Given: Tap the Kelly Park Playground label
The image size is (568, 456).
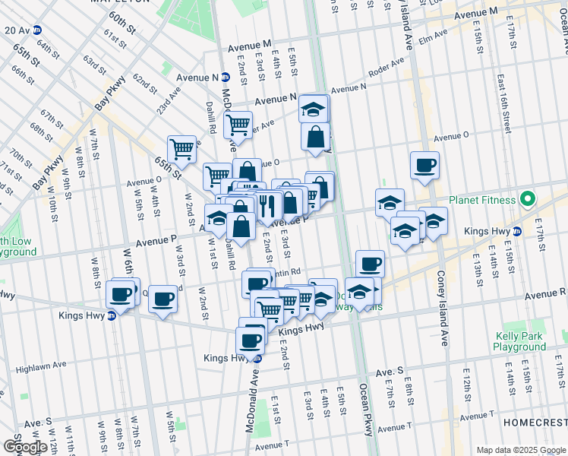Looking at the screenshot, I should pyautogui.click(x=519, y=341).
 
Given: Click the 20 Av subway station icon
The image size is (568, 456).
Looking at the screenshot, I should pyautogui.click(x=36, y=30).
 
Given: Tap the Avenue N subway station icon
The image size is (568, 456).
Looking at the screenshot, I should pyautogui.click(x=226, y=78).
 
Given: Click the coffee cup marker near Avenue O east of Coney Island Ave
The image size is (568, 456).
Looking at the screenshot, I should pyautogui.click(x=424, y=165).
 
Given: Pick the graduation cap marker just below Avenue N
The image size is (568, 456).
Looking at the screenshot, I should pyautogui.click(x=313, y=109).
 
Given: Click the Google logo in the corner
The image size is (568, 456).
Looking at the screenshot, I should pyautogui.click(x=25, y=447).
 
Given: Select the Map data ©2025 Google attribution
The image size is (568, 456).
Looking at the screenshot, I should pyautogui.click(x=521, y=450).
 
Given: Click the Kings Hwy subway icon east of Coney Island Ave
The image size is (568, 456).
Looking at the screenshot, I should pyautogui.click(x=517, y=231).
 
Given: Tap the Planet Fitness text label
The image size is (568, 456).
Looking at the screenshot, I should pyautogui.click(x=481, y=201).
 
